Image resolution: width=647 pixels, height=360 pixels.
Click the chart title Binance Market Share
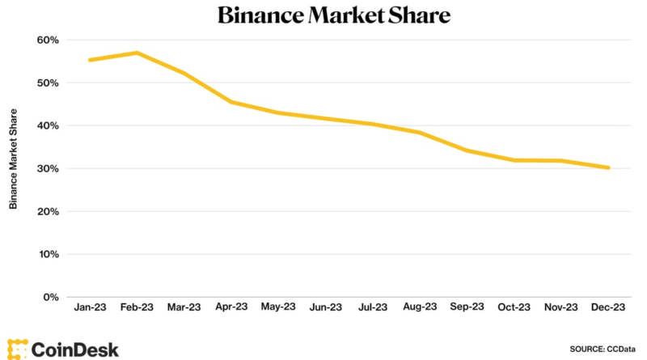[333, 15]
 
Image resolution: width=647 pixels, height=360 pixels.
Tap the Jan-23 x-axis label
[90, 307]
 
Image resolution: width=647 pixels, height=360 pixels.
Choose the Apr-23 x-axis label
[231, 307]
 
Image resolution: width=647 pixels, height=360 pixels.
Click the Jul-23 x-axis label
[373, 307]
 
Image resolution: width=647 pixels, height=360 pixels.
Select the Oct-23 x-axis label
[514, 307]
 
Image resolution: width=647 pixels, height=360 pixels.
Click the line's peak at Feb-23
[137, 53]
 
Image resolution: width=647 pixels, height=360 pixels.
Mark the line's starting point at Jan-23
[90, 60]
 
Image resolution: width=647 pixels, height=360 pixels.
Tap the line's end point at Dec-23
[608, 167]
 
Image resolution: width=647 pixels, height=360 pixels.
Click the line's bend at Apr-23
[231, 102]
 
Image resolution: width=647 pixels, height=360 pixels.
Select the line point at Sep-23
[467, 150]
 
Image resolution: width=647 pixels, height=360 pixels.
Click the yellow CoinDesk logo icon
[17, 349]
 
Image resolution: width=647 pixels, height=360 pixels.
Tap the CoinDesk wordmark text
[75, 349]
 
